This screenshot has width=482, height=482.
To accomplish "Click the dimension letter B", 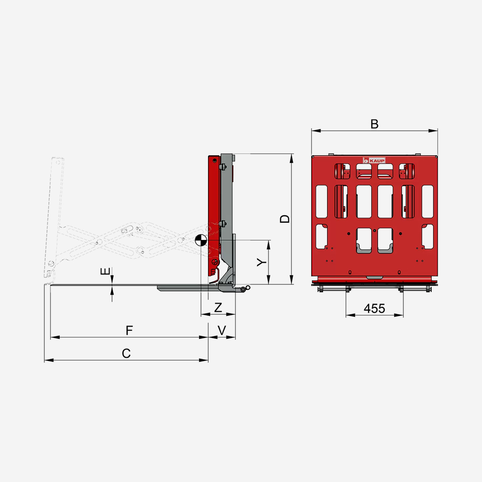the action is click(374, 124).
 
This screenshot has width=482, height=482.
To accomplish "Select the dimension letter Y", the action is click(262, 262).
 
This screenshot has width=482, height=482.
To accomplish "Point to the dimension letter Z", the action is click(218, 307).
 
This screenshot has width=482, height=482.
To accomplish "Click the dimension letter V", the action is click(222, 330).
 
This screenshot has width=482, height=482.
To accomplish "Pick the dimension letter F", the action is click(129, 330).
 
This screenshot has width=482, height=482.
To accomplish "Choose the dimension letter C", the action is click(126, 353).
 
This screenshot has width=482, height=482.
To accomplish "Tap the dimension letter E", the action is click(105, 271).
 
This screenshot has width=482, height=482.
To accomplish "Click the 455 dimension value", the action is click(374, 308).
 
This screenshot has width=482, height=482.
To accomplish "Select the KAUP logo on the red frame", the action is click(374, 161).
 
